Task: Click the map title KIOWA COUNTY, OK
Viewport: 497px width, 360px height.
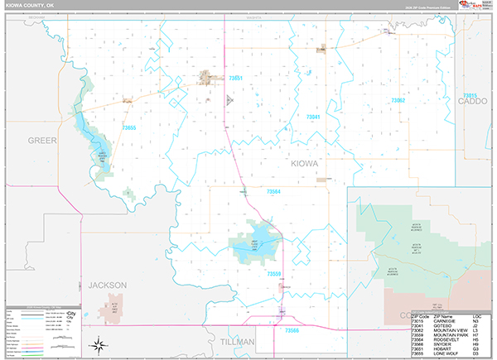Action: pos(32,7)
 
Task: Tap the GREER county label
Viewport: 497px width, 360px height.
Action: pos(42,140)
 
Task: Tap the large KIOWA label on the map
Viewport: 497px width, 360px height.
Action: pos(304,164)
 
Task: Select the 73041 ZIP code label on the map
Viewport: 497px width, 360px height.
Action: pos(313,118)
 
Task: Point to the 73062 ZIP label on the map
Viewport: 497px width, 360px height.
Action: pos(398,100)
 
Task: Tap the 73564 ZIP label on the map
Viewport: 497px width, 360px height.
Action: pos(273,192)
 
